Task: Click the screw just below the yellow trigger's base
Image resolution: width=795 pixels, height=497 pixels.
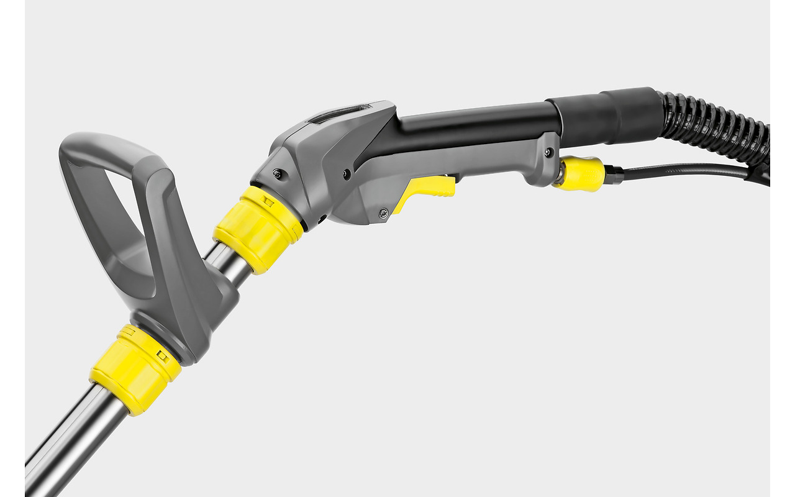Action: click(383, 212)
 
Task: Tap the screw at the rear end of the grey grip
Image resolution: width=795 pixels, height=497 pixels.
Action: click(547, 153)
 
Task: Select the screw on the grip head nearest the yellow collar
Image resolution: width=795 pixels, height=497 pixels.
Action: click(277, 174)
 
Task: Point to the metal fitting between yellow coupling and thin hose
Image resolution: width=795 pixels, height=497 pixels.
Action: click(614, 175)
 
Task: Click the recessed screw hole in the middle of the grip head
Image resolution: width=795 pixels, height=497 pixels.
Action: click(345, 175)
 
